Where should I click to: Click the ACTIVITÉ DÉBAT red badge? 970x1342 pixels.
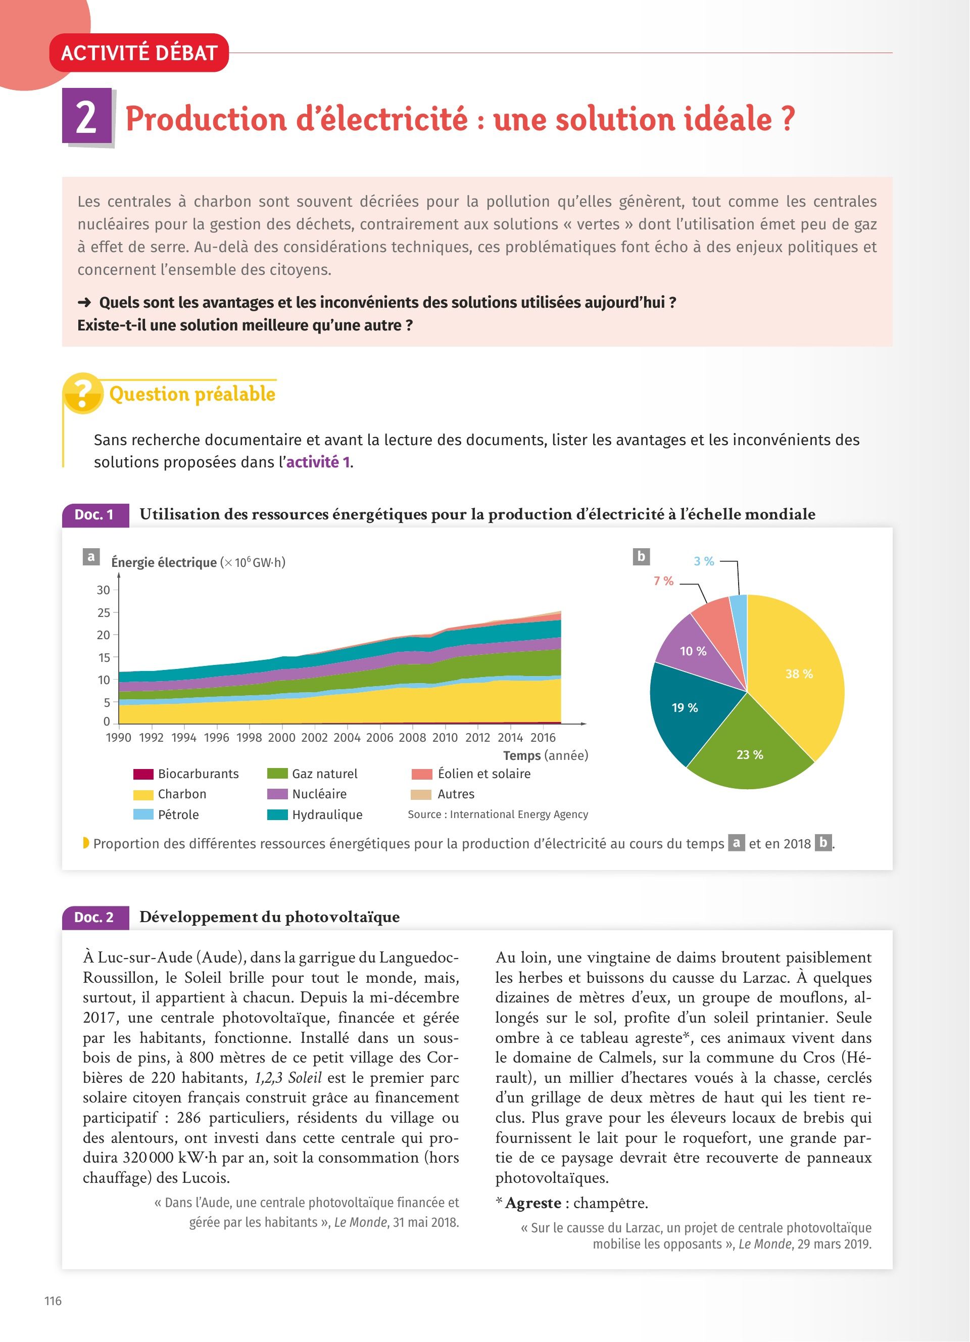(x=139, y=53)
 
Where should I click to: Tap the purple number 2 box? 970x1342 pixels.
(x=87, y=116)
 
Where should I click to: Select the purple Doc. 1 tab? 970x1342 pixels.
(x=94, y=515)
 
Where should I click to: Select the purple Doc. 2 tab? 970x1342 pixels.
(x=94, y=917)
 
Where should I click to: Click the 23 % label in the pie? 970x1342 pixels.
(x=749, y=754)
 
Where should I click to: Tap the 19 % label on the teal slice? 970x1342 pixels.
(x=685, y=708)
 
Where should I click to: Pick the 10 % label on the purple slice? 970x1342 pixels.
(x=693, y=651)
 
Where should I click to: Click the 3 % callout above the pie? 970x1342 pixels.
(x=704, y=561)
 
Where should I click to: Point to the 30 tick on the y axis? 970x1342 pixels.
(x=104, y=590)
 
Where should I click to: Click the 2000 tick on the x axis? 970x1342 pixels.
(x=281, y=737)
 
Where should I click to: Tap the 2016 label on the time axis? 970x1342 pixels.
(x=543, y=737)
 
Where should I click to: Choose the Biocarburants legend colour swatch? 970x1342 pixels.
(x=143, y=774)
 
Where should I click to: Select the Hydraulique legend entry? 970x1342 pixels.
(x=326, y=815)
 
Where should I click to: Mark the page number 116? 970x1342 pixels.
(x=53, y=1301)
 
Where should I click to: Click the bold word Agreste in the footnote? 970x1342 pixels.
(x=533, y=1203)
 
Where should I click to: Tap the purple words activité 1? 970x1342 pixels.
(x=318, y=462)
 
